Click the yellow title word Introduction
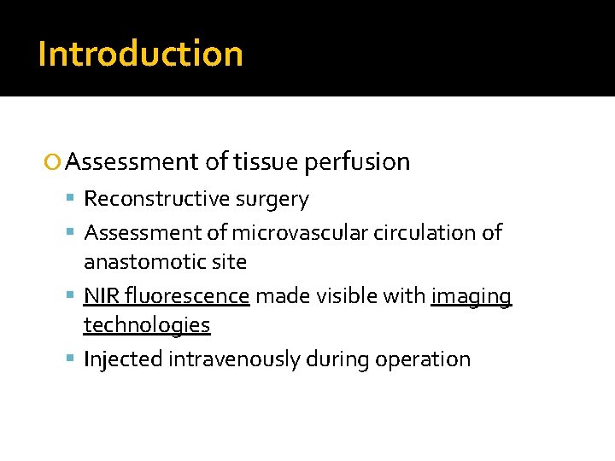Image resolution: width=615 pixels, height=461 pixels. [141, 53]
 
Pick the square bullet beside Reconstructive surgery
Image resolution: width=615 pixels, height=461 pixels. [73, 200]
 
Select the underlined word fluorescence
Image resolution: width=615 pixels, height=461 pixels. [187, 296]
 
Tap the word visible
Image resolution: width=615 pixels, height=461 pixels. [346, 296]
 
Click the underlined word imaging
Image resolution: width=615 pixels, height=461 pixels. [471, 296]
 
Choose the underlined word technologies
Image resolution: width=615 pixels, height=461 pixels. [147, 325]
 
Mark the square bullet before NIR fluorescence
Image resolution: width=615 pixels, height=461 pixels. [73, 296]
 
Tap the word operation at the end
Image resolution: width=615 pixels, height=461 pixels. [425, 359]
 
